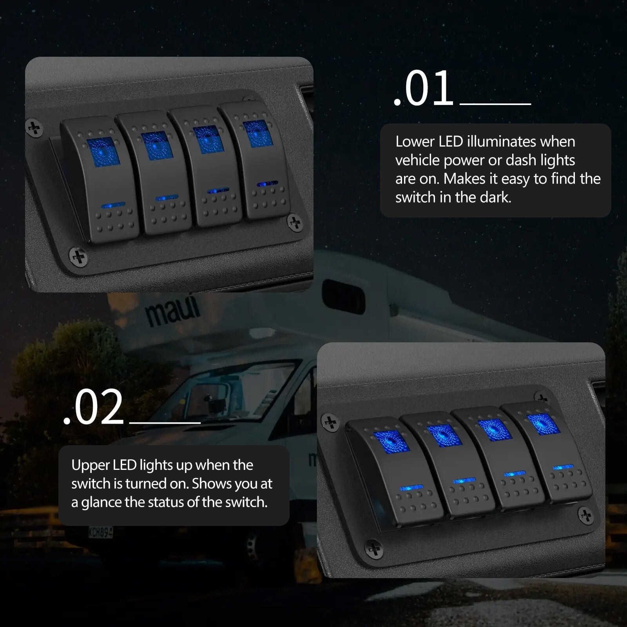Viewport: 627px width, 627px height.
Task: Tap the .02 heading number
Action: [94, 408]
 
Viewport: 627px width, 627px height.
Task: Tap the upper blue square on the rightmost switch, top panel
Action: [257, 131]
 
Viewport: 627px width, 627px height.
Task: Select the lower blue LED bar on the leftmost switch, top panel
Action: [113, 205]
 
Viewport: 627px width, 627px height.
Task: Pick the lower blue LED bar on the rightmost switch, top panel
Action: [267, 183]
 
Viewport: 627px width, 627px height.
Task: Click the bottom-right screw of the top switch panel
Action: [295, 223]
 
